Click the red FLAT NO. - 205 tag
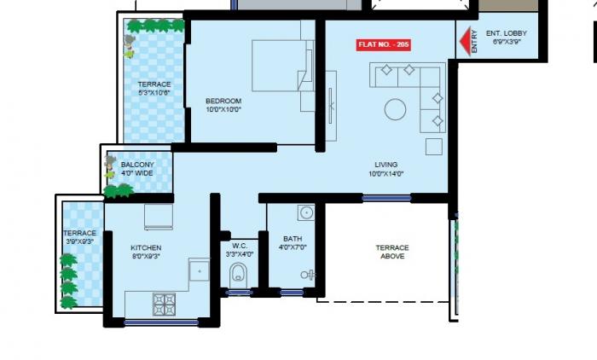[x=383, y=44]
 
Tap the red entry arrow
[x=467, y=43]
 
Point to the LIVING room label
[x=385, y=165]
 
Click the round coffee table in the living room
[x=395, y=109]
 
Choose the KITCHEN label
[x=147, y=248]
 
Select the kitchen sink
[x=199, y=271]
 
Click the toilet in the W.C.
[x=239, y=275]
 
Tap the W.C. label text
[x=239, y=248]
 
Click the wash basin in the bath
[x=306, y=212]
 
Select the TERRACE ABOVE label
[x=392, y=252]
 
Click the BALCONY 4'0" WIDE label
[x=136, y=169]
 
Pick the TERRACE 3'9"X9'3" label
[x=79, y=237]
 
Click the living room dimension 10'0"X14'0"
[x=385, y=174]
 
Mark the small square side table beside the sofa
[x=433, y=146]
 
